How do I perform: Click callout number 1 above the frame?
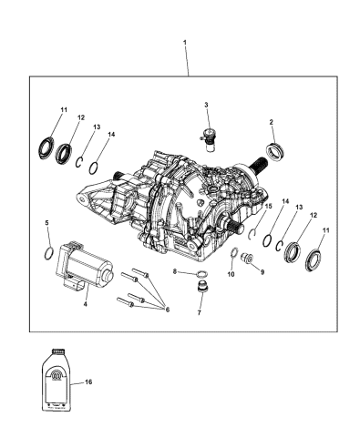[x=187, y=43]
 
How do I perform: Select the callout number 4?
[x=86, y=303]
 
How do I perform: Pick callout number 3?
[x=206, y=106]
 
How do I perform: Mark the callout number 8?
[x=174, y=272]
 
